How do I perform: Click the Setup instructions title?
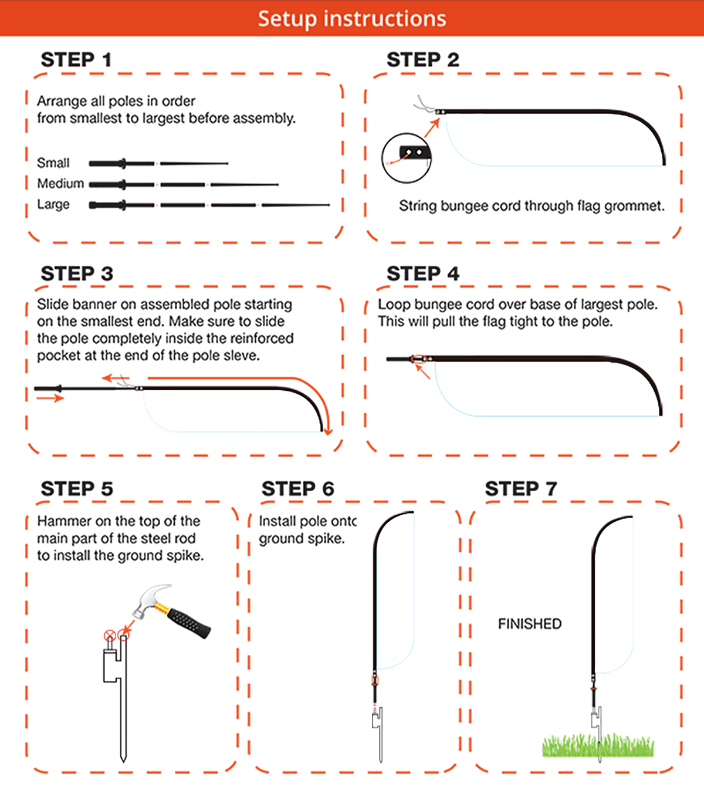[x=352, y=19]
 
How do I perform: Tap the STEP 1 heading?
[x=76, y=60]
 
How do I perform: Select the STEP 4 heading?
[x=423, y=273]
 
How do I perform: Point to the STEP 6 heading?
[x=297, y=488]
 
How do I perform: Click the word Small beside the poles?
[x=53, y=163]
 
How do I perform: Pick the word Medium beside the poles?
[x=60, y=183]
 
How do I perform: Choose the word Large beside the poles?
[x=53, y=205]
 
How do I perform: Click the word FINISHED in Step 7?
[x=530, y=624]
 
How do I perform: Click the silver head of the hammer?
[x=150, y=600]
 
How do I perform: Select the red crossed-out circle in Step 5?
[x=110, y=636]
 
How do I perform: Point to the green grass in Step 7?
[x=598, y=745]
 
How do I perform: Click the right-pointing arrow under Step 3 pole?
[x=50, y=398]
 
